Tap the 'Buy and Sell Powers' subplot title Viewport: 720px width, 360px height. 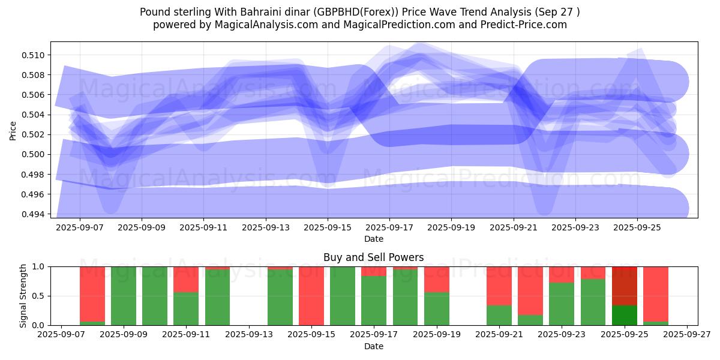click(373, 257)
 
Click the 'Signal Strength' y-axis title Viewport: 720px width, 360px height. click(23, 296)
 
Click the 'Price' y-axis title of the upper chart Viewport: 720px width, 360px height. click(13, 130)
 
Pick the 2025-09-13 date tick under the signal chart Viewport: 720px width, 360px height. click(249, 335)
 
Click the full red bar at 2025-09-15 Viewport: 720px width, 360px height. click(311, 296)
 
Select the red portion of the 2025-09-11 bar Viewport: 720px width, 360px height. click(186, 279)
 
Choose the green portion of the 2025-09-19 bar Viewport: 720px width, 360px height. click(437, 308)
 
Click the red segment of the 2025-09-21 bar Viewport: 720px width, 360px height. click(499, 286)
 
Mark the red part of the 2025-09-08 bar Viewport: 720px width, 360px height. click(92, 293)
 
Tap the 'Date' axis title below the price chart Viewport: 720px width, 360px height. click(373, 239)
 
